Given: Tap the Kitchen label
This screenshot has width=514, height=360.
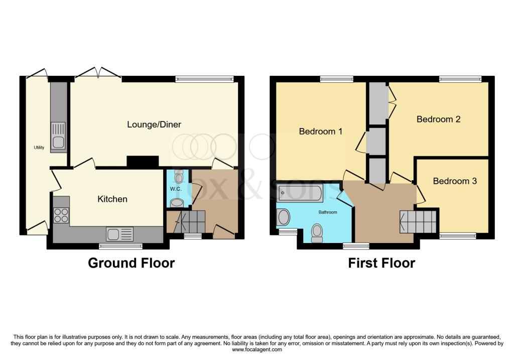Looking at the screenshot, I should tap(112, 199).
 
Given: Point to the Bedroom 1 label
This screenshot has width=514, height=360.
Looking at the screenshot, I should tap(320, 132).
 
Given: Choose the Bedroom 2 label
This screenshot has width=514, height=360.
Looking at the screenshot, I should tap(438, 119).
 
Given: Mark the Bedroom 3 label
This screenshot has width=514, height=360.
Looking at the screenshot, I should tap(455, 181).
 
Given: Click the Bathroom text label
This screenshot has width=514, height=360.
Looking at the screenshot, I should tap(328, 212).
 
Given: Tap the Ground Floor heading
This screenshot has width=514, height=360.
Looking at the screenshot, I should tap(132, 263).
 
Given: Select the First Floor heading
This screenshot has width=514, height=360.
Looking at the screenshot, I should tap(381, 263).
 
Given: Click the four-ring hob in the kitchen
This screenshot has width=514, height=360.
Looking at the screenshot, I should tap(61, 216).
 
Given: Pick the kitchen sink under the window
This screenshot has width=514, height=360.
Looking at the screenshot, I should tap(119, 234).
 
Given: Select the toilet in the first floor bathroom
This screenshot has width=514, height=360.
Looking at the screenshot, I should tap(317, 233).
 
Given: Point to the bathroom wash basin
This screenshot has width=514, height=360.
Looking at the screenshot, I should tap(284, 217).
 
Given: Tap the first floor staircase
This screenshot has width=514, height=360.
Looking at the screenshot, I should tap(418, 221).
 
